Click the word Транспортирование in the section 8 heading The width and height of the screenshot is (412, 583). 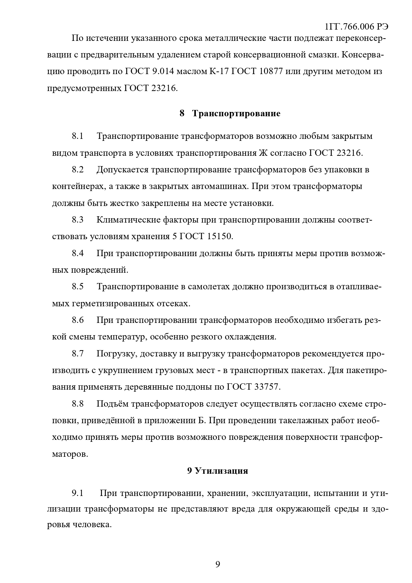click(236, 114)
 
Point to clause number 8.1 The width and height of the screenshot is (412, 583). click(78, 136)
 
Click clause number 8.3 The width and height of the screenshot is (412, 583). click(78, 220)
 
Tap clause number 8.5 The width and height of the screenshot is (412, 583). click(78, 287)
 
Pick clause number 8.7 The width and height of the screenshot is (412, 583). click(78, 353)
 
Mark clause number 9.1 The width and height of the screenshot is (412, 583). click(78, 493)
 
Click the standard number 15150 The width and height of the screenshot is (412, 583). click(220, 237)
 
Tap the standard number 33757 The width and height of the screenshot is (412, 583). click(267, 387)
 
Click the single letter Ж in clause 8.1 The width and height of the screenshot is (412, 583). click(262, 153)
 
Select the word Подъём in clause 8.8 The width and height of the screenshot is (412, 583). click(113, 404)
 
